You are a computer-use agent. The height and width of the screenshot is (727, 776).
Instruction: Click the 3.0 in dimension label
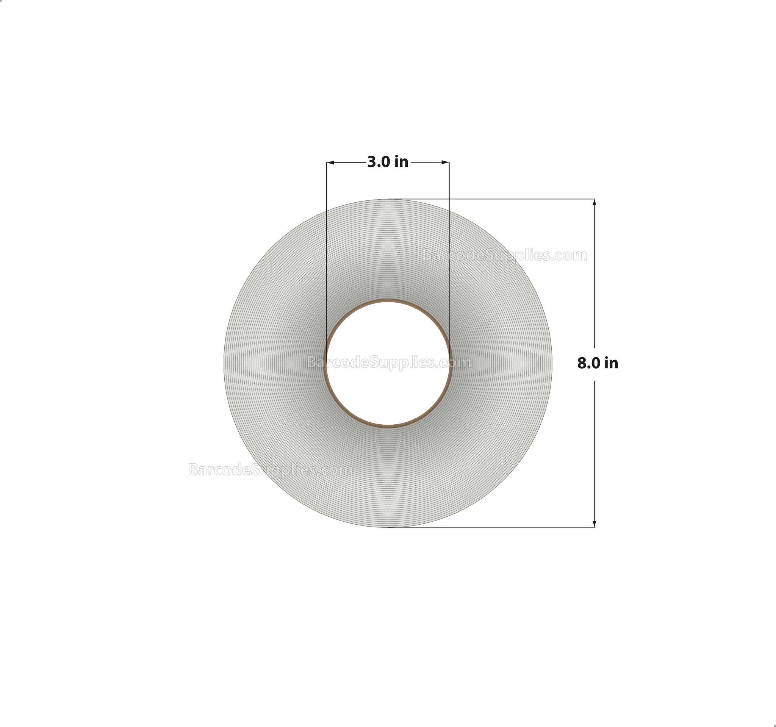388,162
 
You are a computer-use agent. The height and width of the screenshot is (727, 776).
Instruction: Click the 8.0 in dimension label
598,363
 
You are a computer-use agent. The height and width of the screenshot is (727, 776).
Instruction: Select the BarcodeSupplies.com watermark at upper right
505,255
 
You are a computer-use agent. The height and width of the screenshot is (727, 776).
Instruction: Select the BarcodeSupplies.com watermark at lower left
271,469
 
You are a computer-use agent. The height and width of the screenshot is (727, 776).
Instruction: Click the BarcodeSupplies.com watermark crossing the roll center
389,363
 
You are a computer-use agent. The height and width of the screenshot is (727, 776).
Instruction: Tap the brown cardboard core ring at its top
388,301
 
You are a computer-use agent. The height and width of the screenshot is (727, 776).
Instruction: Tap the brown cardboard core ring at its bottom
388,426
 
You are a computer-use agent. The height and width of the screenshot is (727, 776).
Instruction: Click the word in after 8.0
611,363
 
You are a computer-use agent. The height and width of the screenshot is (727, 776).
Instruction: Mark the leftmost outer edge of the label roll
224,363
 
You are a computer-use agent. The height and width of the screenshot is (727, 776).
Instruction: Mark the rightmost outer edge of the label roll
552,363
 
